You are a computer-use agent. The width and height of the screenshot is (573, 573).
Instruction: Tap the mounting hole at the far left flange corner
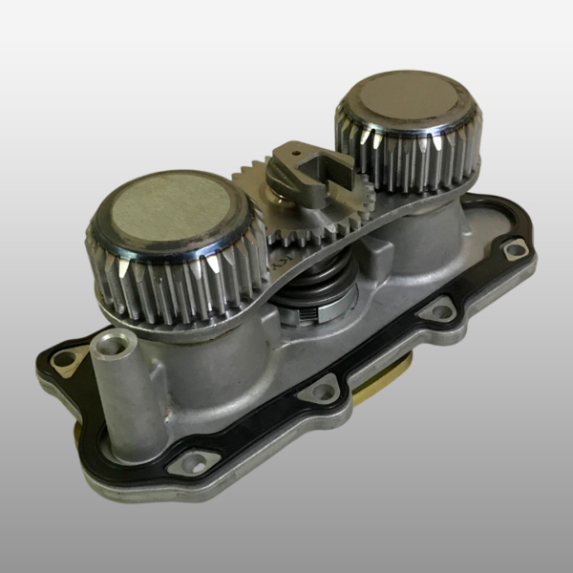tap(64, 359)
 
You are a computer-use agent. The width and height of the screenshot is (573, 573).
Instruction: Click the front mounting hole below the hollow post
tap(193, 465)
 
